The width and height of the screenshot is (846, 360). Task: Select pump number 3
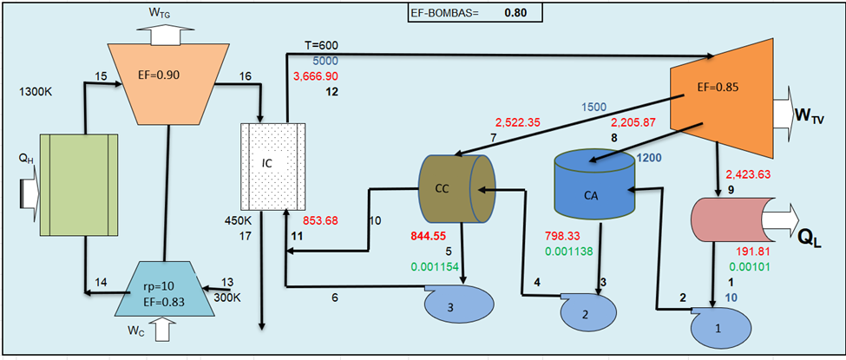[x=458, y=304]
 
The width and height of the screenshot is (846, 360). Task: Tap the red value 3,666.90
[x=321, y=76]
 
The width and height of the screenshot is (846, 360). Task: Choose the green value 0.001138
[x=569, y=252]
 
